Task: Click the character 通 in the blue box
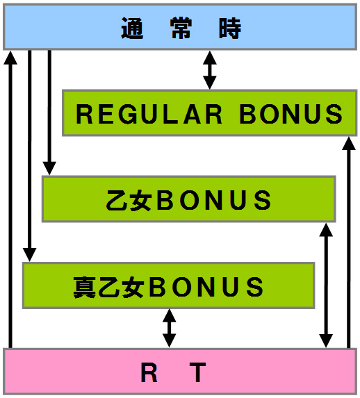coord(132,28)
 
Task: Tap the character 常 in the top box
coord(181,28)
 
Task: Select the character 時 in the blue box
coord(230,28)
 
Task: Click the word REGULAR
coord(149,114)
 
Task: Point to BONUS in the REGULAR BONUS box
coord(291,114)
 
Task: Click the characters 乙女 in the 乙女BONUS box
coord(129,200)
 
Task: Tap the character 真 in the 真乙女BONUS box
coord(85,287)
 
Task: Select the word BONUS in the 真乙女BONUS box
coord(206,287)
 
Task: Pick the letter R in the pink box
coord(149,372)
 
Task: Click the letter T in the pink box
coord(197,372)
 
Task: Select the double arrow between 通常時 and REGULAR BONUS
coord(210,70)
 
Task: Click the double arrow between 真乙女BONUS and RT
coord(169,329)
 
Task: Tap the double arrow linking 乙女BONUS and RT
coord(326,285)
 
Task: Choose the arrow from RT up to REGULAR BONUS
coord(349,242)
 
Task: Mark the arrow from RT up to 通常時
coord(10,199)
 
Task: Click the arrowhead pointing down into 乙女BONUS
coord(49,168)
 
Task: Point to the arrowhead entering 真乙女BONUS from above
coord(30,255)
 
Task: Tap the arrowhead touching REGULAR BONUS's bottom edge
coord(349,144)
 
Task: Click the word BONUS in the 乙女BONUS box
coord(214,200)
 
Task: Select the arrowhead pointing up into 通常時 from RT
coord(10,58)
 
